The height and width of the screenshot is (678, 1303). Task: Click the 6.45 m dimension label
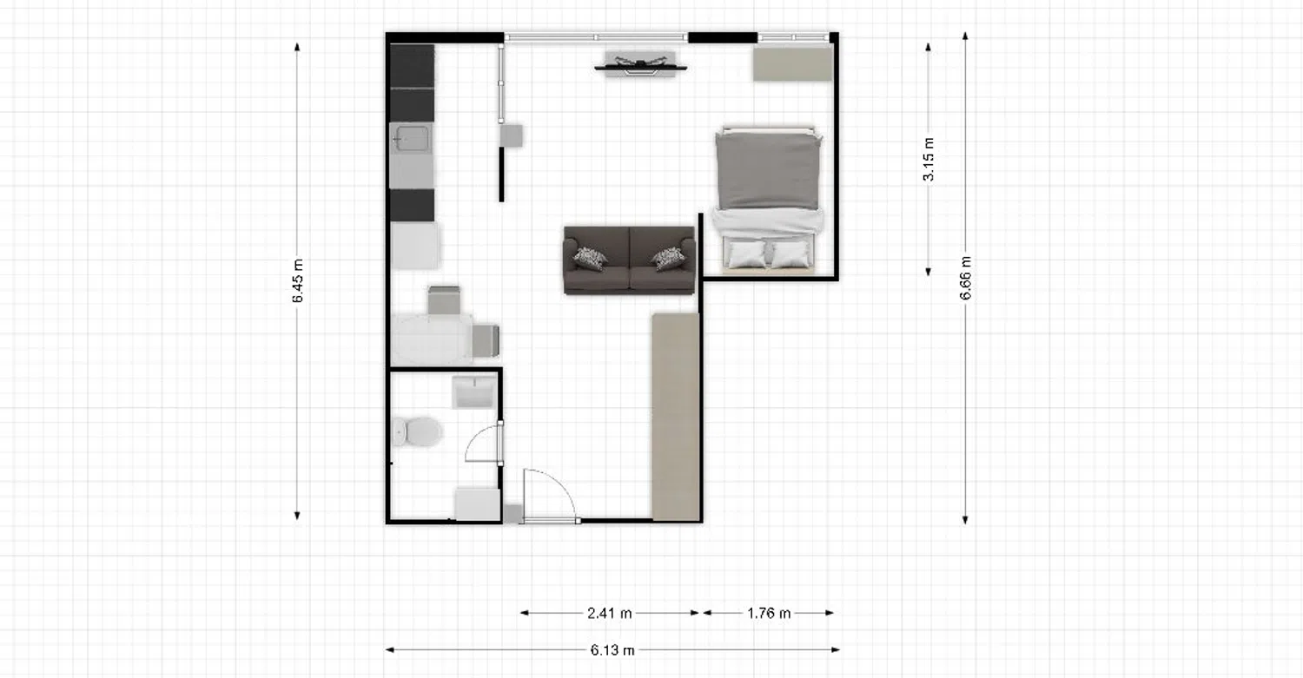coord(298,281)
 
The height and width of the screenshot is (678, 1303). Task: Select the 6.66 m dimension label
coord(966,278)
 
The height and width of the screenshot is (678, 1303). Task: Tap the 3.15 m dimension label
coord(929,160)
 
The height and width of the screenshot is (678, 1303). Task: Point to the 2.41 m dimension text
coord(610,613)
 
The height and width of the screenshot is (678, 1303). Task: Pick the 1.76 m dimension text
coord(769,613)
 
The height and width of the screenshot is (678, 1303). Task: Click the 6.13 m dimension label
coord(612,650)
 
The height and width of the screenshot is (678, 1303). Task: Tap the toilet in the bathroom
coord(416,431)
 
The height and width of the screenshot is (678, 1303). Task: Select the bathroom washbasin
coord(474,392)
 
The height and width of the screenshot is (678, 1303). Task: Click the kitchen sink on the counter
coord(411,138)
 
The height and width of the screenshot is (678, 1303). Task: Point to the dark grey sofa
coord(630,260)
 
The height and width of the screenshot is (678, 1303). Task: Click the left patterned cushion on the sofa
coord(590,259)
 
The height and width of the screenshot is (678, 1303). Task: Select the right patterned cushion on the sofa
coord(668,259)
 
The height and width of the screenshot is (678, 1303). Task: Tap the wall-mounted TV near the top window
coord(640,65)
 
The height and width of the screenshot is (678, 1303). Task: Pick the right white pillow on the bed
coord(791,254)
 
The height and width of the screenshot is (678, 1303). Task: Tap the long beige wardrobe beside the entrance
coord(675,417)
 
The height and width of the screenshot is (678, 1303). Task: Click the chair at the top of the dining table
coord(445,300)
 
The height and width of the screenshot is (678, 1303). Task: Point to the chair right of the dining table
coord(486,341)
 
